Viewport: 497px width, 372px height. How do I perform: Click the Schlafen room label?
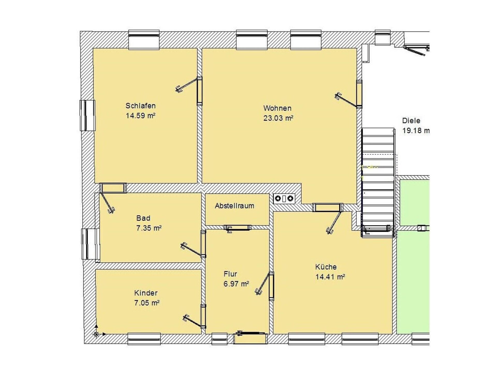(x=141, y=106)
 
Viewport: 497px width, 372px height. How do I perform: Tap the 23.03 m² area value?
(x=278, y=118)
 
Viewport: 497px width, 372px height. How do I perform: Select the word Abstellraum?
(x=235, y=206)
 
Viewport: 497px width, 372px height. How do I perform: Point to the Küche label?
(x=326, y=267)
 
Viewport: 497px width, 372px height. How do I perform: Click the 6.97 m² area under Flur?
(x=236, y=284)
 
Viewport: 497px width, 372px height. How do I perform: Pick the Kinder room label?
(x=146, y=293)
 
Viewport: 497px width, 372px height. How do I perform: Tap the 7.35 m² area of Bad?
(x=149, y=228)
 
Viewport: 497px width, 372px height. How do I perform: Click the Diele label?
(x=411, y=121)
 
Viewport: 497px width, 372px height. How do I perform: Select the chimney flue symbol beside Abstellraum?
(x=284, y=198)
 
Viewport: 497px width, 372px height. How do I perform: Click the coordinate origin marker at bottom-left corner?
(x=96, y=334)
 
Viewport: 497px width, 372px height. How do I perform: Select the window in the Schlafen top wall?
(x=144, y=40)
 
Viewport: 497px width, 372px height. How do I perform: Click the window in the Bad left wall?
(x=90, y=244)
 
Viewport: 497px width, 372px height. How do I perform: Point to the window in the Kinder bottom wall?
(x=144, y=339)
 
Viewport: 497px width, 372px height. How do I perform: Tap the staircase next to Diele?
(x=378, y=182)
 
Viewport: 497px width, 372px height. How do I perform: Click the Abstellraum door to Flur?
(x=237, y=228)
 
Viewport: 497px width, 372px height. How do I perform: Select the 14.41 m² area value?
(x=330, y=277)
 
